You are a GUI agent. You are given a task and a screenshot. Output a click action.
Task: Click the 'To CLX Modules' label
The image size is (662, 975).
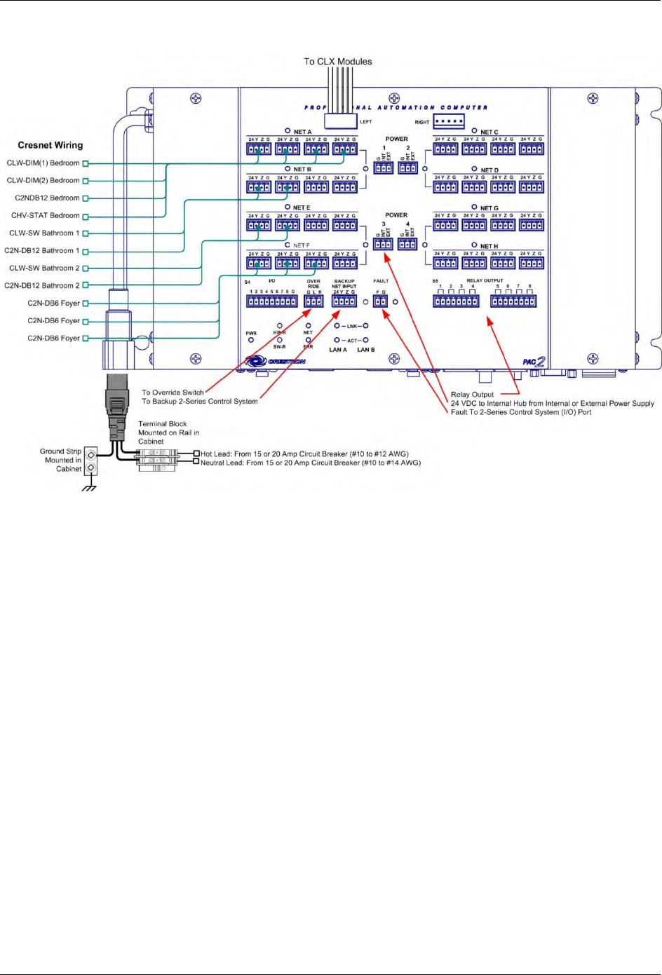click(337, 62)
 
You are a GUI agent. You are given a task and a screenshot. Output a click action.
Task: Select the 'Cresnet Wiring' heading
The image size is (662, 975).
click(50, 145)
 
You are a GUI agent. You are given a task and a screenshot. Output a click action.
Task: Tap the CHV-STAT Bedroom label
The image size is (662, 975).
click(45, 216)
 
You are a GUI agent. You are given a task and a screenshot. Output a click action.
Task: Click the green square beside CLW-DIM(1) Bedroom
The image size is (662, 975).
click(86, 163)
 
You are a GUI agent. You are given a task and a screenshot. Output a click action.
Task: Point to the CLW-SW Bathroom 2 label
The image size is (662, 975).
click(44, 268)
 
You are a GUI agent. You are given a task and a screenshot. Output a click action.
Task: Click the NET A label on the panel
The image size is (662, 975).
click(302, 132)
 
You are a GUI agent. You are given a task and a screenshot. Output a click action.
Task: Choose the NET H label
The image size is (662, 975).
click(489, 246)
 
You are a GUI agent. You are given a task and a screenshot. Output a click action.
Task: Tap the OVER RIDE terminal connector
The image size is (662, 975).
click(313, 301)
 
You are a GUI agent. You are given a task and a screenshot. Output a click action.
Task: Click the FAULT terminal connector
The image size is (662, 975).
click(380, 301)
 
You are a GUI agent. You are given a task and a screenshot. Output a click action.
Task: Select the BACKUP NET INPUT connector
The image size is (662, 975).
click(344, 301)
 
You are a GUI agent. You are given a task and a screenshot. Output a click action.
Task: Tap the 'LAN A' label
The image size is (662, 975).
click(338, 350)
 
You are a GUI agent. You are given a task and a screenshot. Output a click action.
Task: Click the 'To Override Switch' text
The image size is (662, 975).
click(173, 393)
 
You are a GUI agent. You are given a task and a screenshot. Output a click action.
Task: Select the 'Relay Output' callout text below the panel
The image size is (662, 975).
click(472, 395)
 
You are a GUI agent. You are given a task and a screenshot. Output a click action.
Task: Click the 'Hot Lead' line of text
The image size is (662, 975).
click(304, 454)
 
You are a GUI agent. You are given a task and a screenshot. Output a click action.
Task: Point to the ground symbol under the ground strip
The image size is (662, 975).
click(89, 488)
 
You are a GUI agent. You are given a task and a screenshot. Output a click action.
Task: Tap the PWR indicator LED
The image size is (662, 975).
click(251, 340)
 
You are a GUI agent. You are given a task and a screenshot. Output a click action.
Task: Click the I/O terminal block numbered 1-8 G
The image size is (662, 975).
click(271, 301)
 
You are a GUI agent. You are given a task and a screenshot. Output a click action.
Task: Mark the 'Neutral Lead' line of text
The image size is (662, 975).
click(311, 463)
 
